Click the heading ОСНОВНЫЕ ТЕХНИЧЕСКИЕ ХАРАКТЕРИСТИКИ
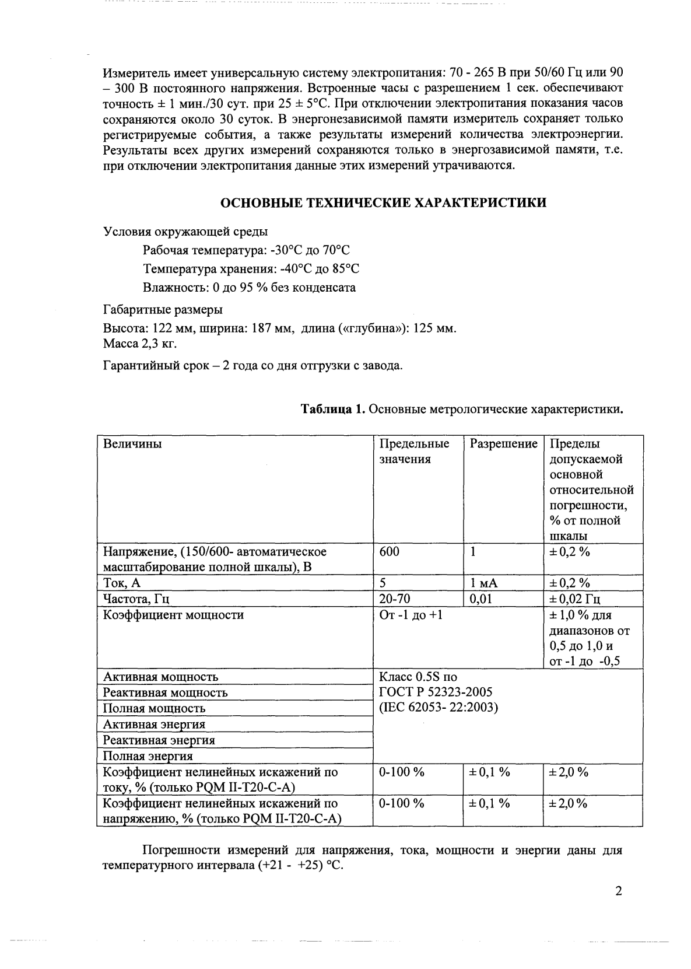383,202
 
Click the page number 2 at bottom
618,891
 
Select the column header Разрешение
503,444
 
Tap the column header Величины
132,444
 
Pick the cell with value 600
389,551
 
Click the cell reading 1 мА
484,583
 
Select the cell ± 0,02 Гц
575,599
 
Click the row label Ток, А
122,583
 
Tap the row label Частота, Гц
136,599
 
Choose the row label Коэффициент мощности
173,615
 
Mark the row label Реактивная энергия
159,740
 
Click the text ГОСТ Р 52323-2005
435,692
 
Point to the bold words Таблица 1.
332,409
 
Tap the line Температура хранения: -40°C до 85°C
251,269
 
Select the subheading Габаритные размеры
162,309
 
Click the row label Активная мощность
160,677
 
